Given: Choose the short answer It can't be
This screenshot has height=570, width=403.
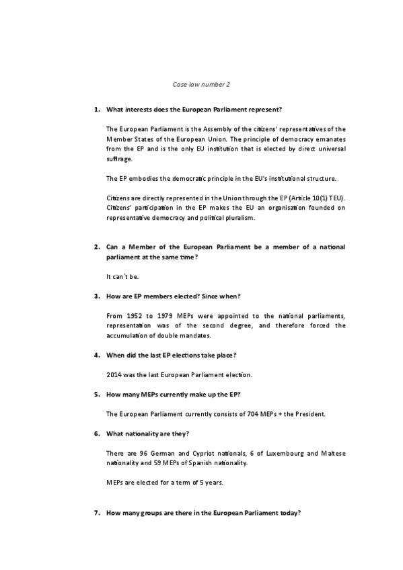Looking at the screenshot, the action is (123, 276).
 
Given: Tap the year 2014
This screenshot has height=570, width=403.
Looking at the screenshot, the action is (114, 374).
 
